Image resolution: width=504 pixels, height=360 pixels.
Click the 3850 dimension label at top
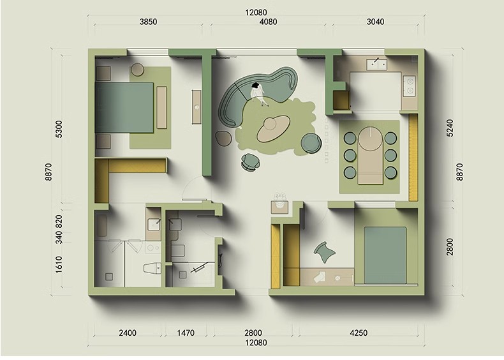[x=148, y=22]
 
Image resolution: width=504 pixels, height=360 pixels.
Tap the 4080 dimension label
[x=268, y=22]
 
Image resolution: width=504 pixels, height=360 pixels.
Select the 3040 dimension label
[x=375, y=22]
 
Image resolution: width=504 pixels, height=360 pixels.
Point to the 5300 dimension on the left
[x=59, y=129]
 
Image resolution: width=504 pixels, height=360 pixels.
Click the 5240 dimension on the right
[x=450, y=128]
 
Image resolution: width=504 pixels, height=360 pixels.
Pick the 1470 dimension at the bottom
[x=186, y=333]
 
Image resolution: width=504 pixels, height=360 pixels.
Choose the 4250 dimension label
[x=359, y=333]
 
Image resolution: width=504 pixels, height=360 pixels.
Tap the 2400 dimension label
[x=128, y=333]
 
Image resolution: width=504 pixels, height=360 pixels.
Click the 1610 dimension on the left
[x=59, y=264]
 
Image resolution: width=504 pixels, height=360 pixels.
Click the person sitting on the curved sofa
[x=258, y=93]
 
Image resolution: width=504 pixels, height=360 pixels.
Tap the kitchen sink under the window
[x=376, y=64]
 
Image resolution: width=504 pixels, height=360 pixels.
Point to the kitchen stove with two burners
[x=410, y=86]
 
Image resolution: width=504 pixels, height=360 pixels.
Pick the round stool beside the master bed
[x=138, y=69]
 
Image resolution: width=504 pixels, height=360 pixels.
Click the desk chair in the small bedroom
[x=325, y=252]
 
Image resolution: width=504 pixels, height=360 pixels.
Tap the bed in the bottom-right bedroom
[x=385, y=255]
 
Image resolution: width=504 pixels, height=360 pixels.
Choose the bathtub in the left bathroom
[x=101, y=225]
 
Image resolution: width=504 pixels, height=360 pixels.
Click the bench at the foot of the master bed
[x=162, y=107]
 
